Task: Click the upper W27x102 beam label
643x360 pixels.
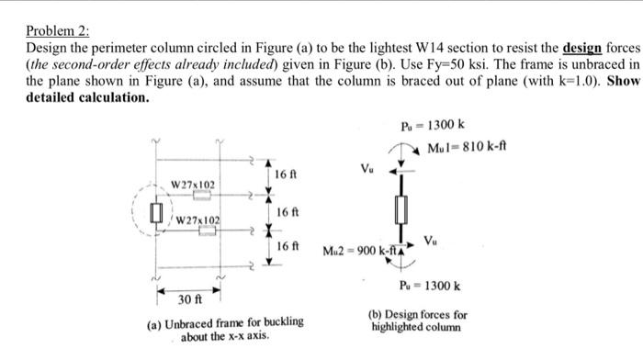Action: [x=194, y=185]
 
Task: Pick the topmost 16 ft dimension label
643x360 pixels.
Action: [x=286, y=174]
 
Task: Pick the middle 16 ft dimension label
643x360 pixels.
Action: [x=286, y=211]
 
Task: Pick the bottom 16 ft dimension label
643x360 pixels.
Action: [x=286, y=247]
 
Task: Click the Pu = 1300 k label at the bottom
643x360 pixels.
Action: [x=425, y=287]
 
